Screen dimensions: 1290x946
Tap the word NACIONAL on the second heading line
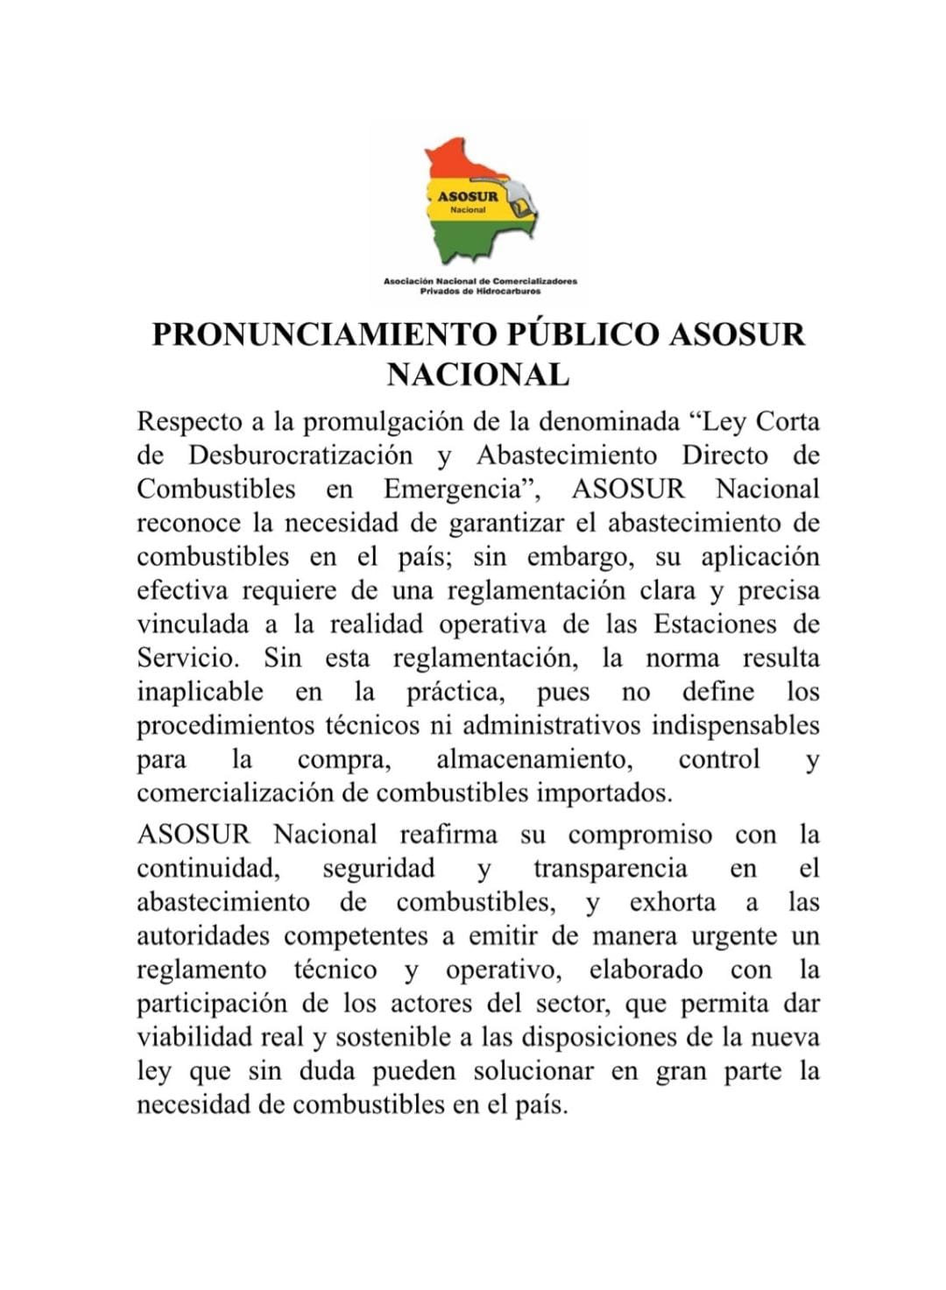[x=477, y=375]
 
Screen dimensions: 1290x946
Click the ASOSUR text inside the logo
[x=468, y=196]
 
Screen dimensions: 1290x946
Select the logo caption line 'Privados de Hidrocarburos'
[x=480, y=291]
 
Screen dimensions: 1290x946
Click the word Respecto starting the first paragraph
[x=189, y=422]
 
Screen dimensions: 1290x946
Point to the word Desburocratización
[x=300, y=455]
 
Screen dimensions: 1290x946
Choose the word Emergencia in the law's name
[x=459, y=489]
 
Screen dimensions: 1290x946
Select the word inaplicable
[x=200, y=692]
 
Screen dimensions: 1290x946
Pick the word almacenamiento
[x=533, y=759]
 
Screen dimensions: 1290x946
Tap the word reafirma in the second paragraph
[x=448, y=835]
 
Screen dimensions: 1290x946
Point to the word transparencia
[x=610, y=869]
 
